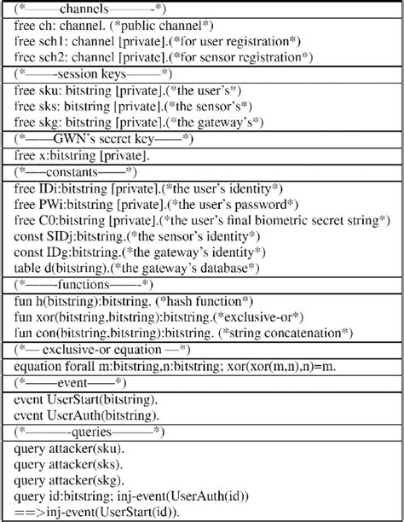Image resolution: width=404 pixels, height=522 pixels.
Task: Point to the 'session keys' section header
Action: click(82, 73)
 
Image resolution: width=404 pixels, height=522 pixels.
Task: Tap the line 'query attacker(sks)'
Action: click(68, 460)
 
